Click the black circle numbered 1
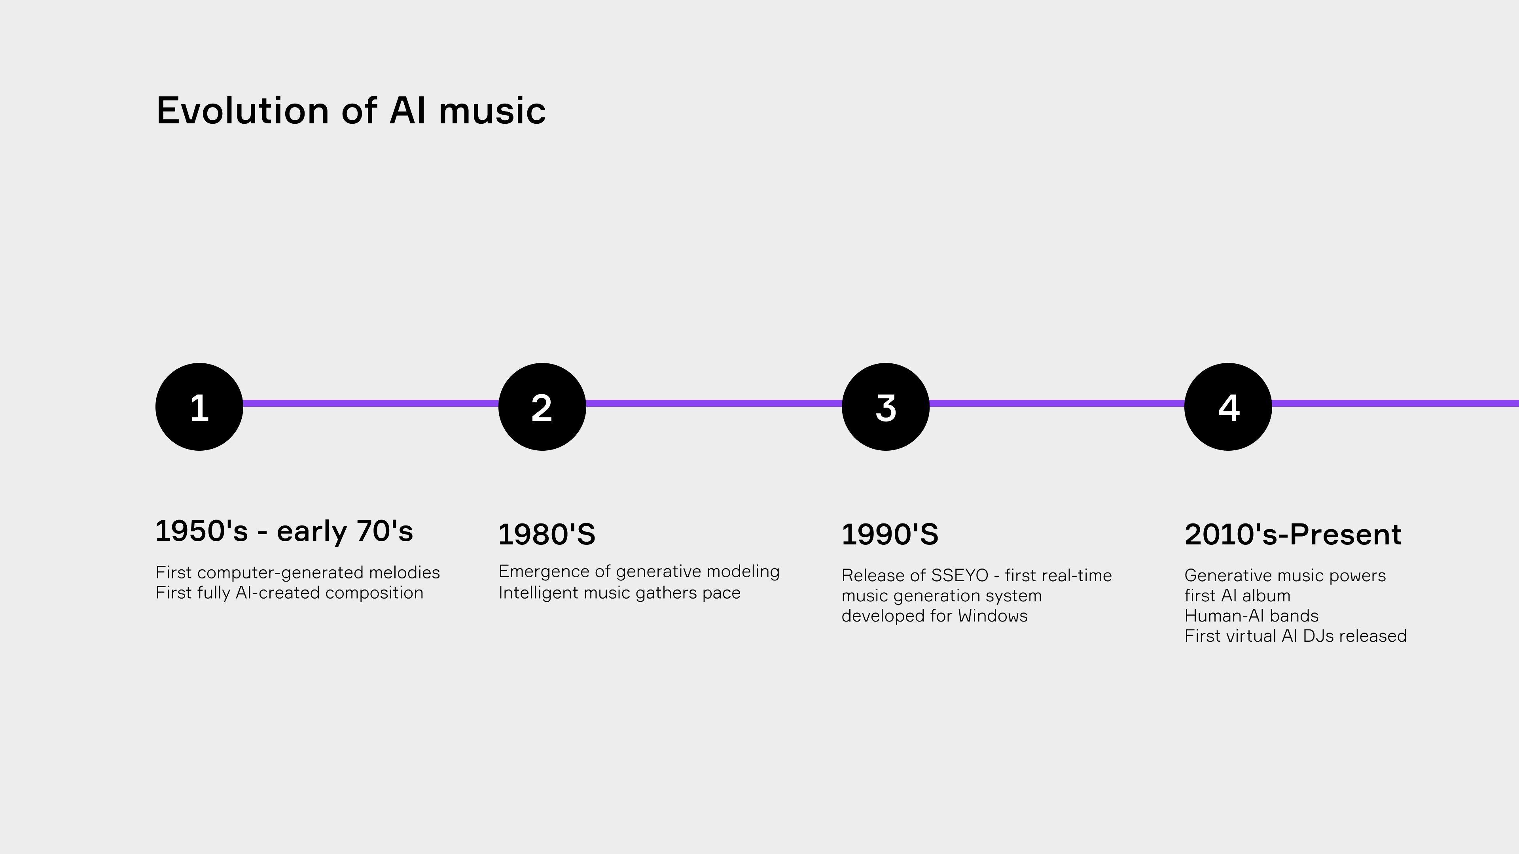pyautogui.click(x=199, y=407)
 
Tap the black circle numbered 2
pyautogui.click(x=542, y=407)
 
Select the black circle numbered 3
pyautogui.click(x=885, y=407)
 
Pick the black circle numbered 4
pyautogui.click(x=1228, y=407)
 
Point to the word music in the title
pyautogui.click(x=492, y=110)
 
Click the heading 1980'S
pyautogui.click(x=547, y=534)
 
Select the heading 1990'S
pyautogui.click(x=890, y=534)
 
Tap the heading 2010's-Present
pyautogui.click(x=1293, y=534)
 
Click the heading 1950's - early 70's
pyautogui.click(x=284, y=531)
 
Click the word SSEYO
pyautogui.click(x=959, y=575)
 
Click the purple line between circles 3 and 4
pyautogui.click(x=1057, y=403)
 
